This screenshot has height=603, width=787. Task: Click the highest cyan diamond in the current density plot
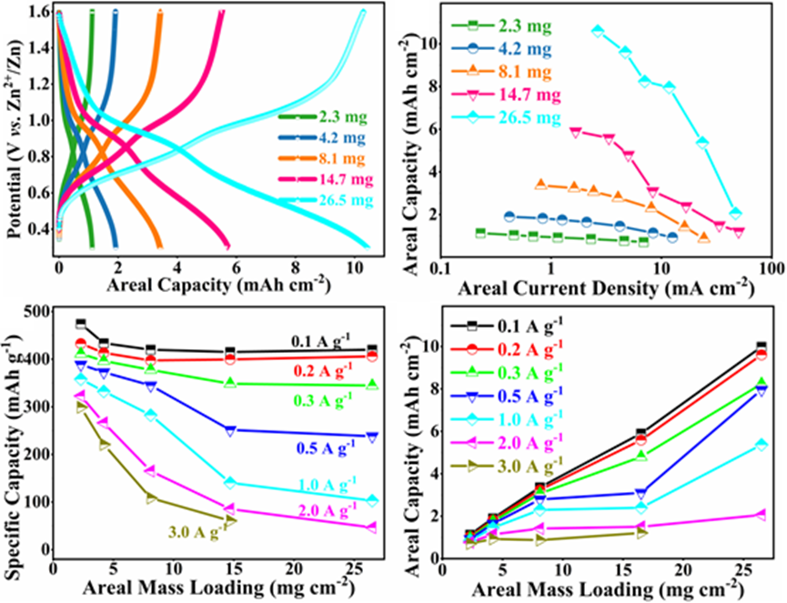(x=598, y=31)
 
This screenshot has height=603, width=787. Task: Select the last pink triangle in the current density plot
(x=739, y=232)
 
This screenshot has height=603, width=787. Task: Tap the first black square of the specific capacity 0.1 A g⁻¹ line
(x=81, y=325)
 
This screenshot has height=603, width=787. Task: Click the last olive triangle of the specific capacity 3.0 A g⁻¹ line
(x=230, y=521)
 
